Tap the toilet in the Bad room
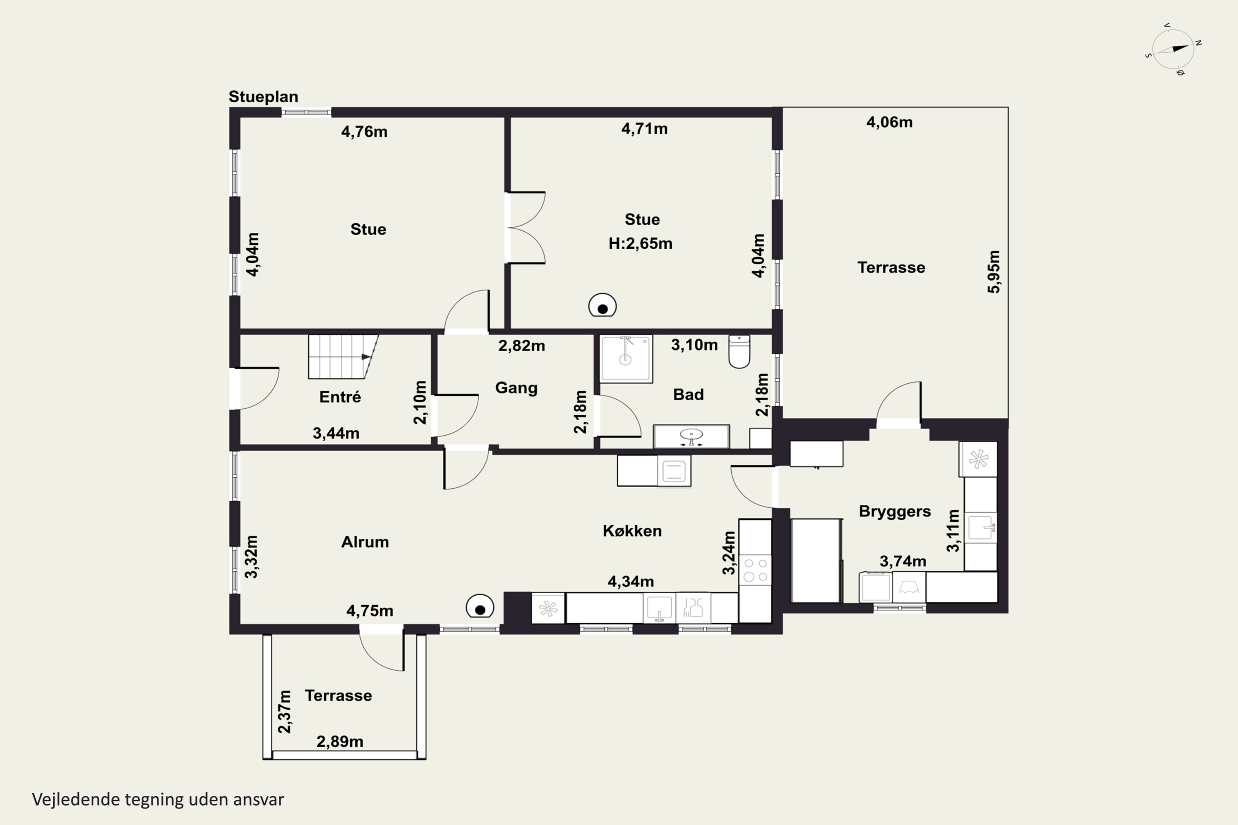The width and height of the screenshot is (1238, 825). [x=739, y=351]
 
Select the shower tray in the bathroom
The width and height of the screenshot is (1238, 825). [x=626, y=358]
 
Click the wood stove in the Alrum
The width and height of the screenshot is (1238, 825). [x=480, y=606]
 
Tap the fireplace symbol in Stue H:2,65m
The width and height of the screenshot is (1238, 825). [x=602, y=305]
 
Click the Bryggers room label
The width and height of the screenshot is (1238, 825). [x=895, y=511]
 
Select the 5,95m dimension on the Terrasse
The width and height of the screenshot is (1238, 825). [x=993, y=271]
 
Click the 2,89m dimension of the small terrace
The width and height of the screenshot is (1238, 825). [x=340, y=741]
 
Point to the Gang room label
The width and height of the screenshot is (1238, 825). [x=516, y=388]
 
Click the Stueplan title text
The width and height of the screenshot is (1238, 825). [x=263, y=97]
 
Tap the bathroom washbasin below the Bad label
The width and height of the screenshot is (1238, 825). [x=691, y=436]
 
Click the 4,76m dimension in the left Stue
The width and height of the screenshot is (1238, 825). [x=364, y=132]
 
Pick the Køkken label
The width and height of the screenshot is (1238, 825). [x=632, y=531]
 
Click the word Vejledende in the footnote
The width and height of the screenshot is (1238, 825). [x=76, y=799]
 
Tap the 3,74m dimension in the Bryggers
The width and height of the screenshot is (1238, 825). [x=903, y=561]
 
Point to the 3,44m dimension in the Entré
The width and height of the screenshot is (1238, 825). [x=336, y=433]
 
